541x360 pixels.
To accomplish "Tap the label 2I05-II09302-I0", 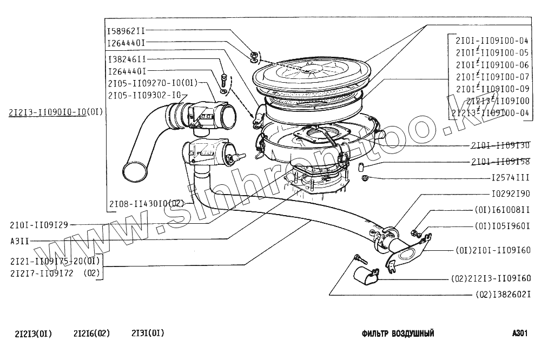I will click(x=144, y=95).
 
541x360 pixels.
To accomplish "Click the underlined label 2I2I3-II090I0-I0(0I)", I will click(x=56, y=112).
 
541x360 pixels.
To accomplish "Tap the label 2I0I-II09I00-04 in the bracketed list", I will click(x=492, y=41).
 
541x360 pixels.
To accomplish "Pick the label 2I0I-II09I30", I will click(x=500, y=145).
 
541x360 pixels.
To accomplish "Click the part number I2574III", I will click(x=510, y=177).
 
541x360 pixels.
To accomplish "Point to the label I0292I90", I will click(x=510, y=193).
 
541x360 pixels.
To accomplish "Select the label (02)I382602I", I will click(x=504, y=295).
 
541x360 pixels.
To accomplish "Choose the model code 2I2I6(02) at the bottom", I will click(x=91, y=334).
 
